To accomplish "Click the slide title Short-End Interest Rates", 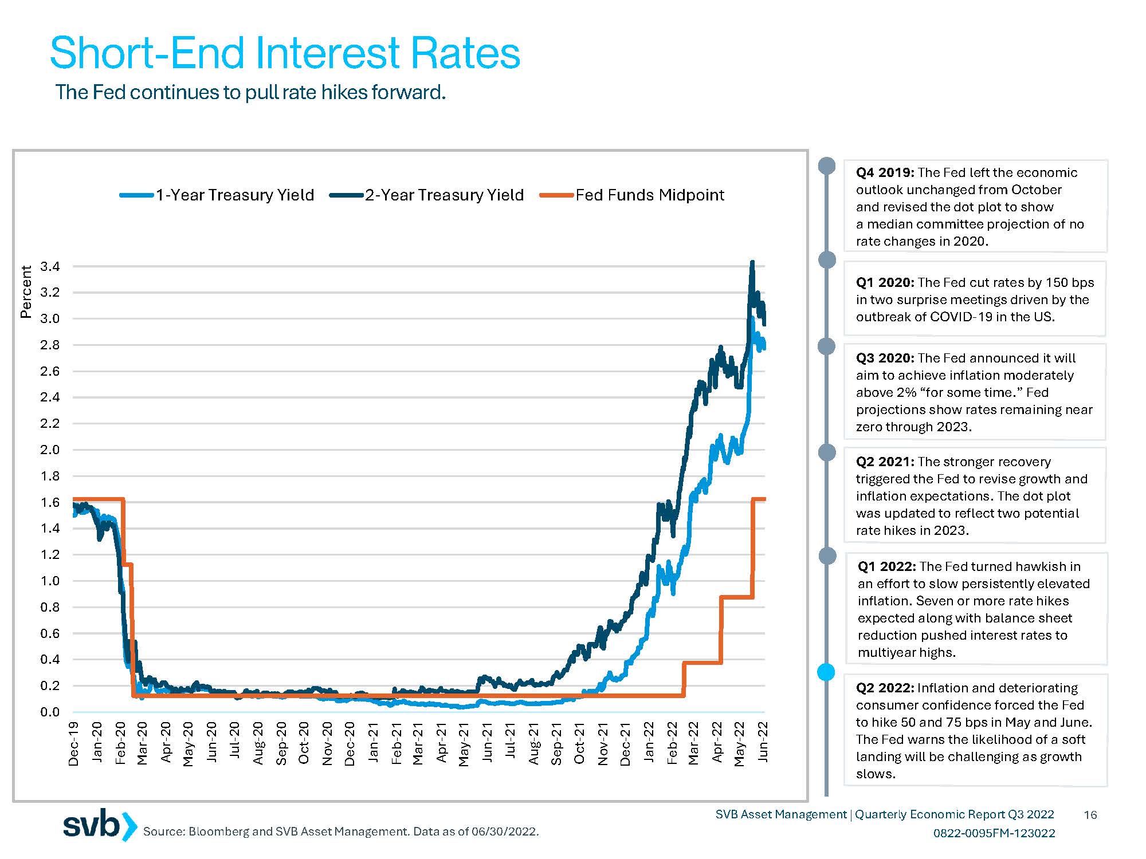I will [x=285, y=53].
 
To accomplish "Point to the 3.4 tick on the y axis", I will [x=50, y=266].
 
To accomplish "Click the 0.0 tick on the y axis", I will [x=50, y=712].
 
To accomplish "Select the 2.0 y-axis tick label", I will [x=50, y=450].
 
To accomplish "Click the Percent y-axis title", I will [x=26, y=291].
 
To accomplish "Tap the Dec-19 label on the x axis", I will [x=74, y=743].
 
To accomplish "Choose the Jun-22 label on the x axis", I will [x=763, y=742].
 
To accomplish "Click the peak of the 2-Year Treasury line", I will [x=752, y=262].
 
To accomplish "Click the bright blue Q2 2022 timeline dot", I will [x=826, y=672].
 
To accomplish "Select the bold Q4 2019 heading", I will [x=885, y=173].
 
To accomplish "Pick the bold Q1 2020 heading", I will [x=885, y=283].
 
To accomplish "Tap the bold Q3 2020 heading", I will [x=885, y=358].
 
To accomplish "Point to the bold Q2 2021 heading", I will [x=885, y=462].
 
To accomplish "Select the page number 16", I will [x=1090, y=815].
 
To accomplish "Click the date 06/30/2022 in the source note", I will [x=504, y=832].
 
